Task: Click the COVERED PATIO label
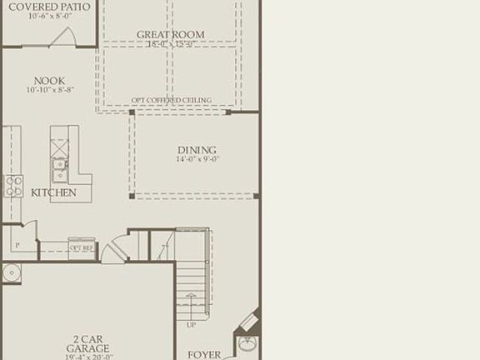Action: pos(48,6)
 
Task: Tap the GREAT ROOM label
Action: pos(170,35)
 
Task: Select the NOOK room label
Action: pos(49,81)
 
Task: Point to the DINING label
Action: pos(197,150)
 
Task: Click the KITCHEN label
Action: pos(53,192)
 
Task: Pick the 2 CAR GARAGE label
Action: pos(88,343)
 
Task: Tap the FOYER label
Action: pos(203,355)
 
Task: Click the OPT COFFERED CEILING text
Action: pos(171,101)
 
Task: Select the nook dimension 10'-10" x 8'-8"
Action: pos(49,90)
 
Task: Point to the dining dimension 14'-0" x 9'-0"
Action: pos(197,159)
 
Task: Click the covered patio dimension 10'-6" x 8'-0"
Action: pos(48,16)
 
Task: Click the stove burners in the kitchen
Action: pos(13,186)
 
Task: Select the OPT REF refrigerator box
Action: pos(82,247)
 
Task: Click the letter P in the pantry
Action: pos(17,246)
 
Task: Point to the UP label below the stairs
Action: pos(191,325)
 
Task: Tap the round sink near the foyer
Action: pos(247,342)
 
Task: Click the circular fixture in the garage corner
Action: pos(11,272)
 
